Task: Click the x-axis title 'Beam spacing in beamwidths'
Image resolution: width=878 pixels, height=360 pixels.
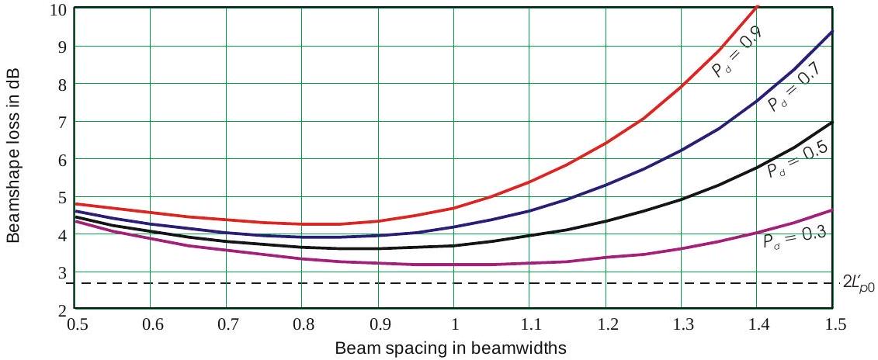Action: pyautogui.click(x=450, y=348)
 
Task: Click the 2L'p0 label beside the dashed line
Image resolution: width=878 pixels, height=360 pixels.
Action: pyautogui.click(x=859, y=282)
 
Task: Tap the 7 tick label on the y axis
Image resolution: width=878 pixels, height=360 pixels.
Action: pyautogui.click(x=63, y=122)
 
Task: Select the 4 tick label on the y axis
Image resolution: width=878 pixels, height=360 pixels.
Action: pyautogui.click(x=63, y=234)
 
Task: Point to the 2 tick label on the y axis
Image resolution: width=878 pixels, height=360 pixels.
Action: pyautogui.click(x=63, y=310)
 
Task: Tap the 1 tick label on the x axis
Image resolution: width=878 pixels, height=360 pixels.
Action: pyautogui.click(x=455, y=324)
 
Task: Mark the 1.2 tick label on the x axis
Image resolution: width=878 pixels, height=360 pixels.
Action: pyautogui.click(x=606, y=324)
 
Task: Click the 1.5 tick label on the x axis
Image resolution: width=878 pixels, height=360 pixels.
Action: pyautogui.click(x=834, y=324)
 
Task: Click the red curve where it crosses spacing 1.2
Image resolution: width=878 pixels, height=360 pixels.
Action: pyautogui.click(x=606, y=143)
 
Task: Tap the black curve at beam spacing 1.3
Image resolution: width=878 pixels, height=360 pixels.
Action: pyautogui.click(x=682, y=199)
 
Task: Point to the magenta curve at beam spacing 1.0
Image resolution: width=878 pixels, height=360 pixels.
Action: pyautogui.click(x=455, y=265)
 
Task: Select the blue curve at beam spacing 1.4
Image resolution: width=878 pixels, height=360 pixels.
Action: pyautogui.click(x=758, y=101)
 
